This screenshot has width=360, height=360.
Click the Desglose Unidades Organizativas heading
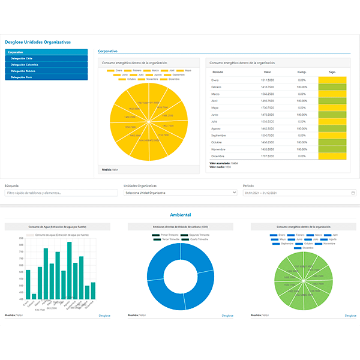click(x=38, y=42)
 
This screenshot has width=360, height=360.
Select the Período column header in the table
click(x=218, y=72)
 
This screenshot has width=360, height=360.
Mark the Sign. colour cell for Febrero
click(x=332, y=87)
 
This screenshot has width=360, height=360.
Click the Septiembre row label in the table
click(x=220, y=136)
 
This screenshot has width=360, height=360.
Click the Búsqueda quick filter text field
click(x=61, y=193)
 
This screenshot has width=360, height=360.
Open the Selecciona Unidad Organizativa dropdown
click(x=179, y=193)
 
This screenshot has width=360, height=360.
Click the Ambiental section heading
click(x=180, y=214)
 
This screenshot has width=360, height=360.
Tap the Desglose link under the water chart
click(x=104, y=315)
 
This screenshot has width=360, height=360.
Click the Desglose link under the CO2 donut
click(x=227, y=315)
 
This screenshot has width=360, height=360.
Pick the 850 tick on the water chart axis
click(x=21, y=238)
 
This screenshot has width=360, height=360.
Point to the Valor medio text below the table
click(x=215, y=167)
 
